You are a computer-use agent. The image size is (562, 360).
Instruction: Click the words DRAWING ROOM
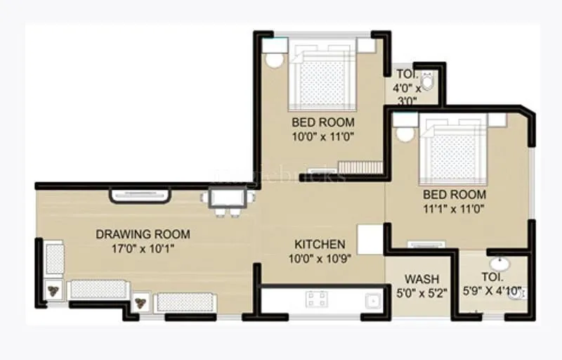(x=143, y=234)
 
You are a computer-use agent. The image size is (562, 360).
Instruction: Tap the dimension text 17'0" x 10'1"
(x=143, y=247)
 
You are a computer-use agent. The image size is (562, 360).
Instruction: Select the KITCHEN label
(x=320, y=244)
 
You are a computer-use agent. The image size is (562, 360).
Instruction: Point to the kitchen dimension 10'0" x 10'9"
(x=320, y=257)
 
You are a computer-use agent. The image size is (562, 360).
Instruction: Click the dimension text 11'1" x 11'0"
(x=455, y=208)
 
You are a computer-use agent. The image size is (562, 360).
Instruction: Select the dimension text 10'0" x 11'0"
(x=323, y=136)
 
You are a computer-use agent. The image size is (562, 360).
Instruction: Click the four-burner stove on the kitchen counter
(x=316, y=300)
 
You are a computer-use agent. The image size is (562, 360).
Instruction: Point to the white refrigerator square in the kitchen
(x=370, y=240)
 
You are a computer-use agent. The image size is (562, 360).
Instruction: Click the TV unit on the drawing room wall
(x=139, y=195)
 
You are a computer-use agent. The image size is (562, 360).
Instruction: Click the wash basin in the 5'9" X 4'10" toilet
(x=500, y=264)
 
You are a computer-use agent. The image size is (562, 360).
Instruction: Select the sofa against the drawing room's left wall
(x=53, y=258)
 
